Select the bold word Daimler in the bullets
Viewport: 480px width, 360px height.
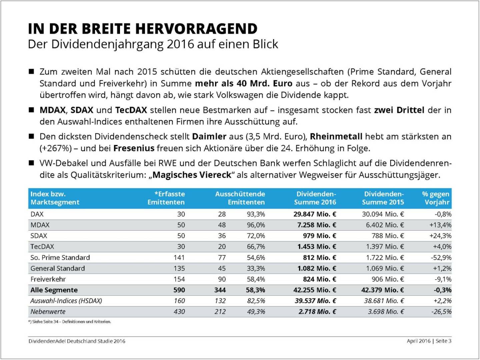(x=209, y=137)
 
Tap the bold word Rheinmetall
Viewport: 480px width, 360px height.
(x=336, y=137)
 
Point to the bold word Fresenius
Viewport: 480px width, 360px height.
(x=134, y=148)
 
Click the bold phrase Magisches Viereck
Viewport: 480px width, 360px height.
(x=192, y=175)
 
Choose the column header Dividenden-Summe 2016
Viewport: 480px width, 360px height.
(x=315, y=198)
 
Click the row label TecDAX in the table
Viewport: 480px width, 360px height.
(x=42, y=247)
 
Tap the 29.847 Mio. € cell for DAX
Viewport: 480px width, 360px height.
(x=315, y=214)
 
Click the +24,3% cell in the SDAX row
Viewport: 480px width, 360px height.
(x=440, y=236)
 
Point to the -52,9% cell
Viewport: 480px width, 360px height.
(x=441, y=258)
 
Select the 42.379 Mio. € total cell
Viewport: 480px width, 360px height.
(x=382, y=290)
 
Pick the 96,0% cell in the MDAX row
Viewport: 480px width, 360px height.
(x=256, y=225)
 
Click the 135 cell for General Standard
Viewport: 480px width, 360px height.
(x=179, y=268)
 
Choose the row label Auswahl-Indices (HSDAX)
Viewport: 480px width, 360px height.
(x=66, y=301)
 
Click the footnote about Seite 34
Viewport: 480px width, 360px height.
(x=70, y=322)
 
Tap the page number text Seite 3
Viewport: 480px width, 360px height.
(x=443, y=341)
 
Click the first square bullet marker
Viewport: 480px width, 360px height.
(x=32, y=72)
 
